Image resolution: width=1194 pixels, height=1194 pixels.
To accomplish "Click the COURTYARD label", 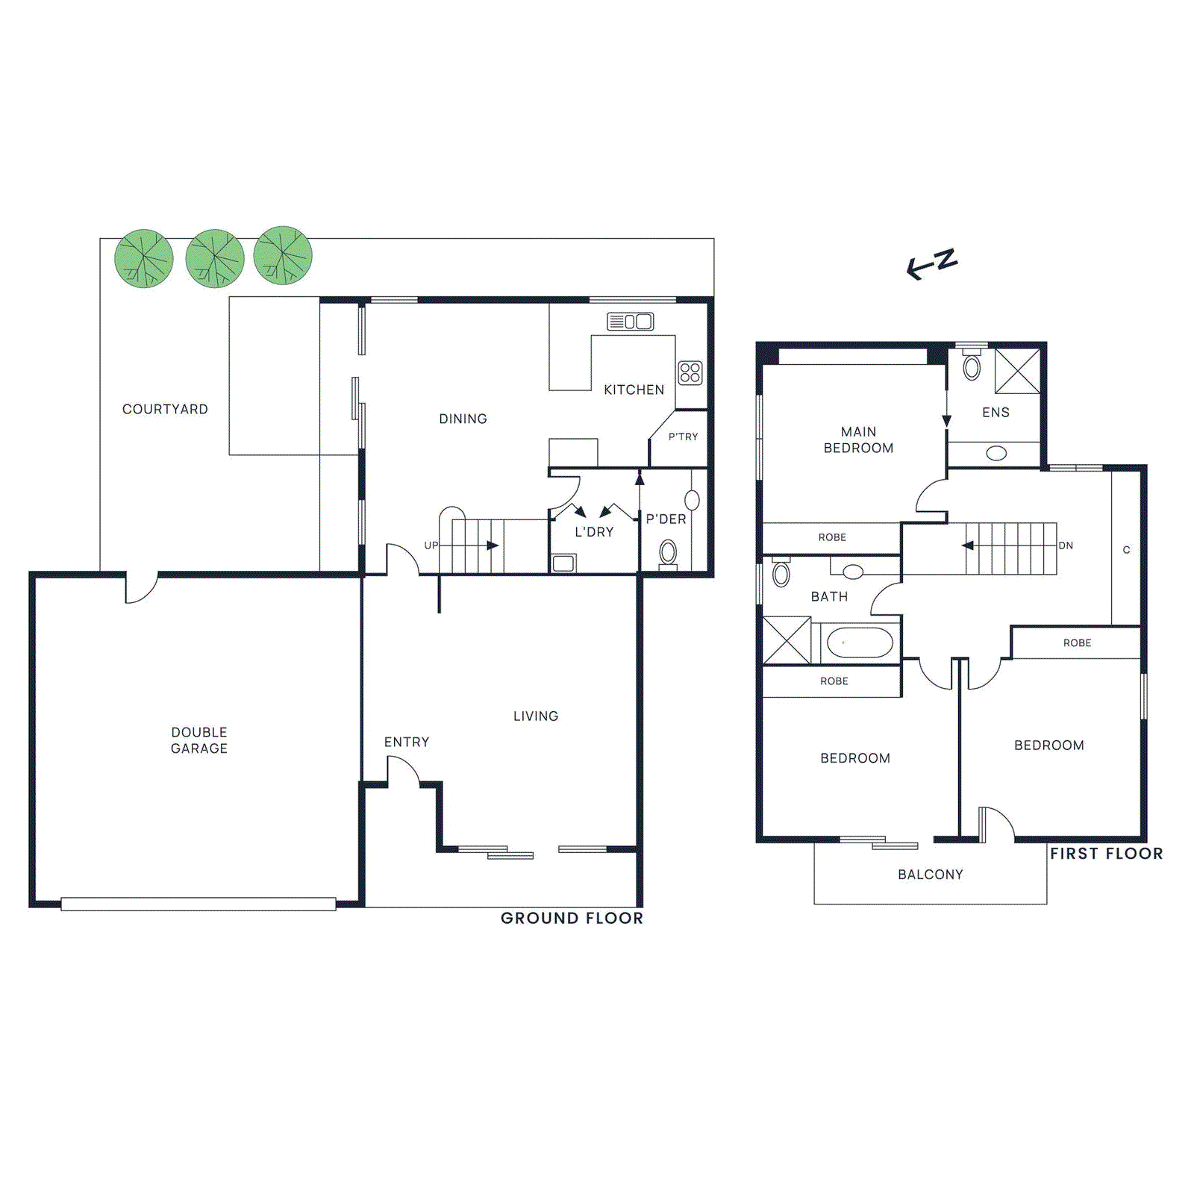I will pos(165,409).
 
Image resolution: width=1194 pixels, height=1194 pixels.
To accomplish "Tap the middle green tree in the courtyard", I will pos(215,258).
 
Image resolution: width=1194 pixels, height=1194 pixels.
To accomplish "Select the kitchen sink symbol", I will pos(631,322).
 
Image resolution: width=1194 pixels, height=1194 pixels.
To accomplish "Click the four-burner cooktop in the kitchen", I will pos(690,372).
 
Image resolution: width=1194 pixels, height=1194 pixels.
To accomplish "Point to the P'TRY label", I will pos(683,437).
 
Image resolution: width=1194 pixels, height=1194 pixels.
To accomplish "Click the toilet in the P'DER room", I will pos(668,553).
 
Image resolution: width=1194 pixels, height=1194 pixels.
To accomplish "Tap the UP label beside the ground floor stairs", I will pos(431,546).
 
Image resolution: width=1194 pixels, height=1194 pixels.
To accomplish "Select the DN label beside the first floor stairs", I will pos(1066,546).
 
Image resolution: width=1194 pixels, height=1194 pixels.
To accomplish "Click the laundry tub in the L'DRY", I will pos(564,563).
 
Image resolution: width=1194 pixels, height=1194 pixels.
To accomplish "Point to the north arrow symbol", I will pos(931,264).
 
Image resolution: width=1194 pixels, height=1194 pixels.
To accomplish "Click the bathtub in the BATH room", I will pos(860,643).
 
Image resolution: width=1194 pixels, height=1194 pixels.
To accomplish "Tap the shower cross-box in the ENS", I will pos(1017,370).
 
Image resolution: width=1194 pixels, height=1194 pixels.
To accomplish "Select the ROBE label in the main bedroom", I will pos(832,537).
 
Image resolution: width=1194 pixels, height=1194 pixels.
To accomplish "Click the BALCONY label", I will pos(930,874).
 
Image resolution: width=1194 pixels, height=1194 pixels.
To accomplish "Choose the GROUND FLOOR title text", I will pos(572,918).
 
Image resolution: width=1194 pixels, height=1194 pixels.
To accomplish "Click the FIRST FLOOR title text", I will pos(1106,854).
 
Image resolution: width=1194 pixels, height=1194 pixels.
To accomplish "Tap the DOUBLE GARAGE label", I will pos(199,740).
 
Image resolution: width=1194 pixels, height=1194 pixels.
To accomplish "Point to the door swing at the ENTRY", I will pos(404,771).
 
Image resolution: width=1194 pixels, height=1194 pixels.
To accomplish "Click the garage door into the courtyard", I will pos(141,588).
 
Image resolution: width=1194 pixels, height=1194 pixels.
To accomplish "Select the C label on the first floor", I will pos(1126,550).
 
